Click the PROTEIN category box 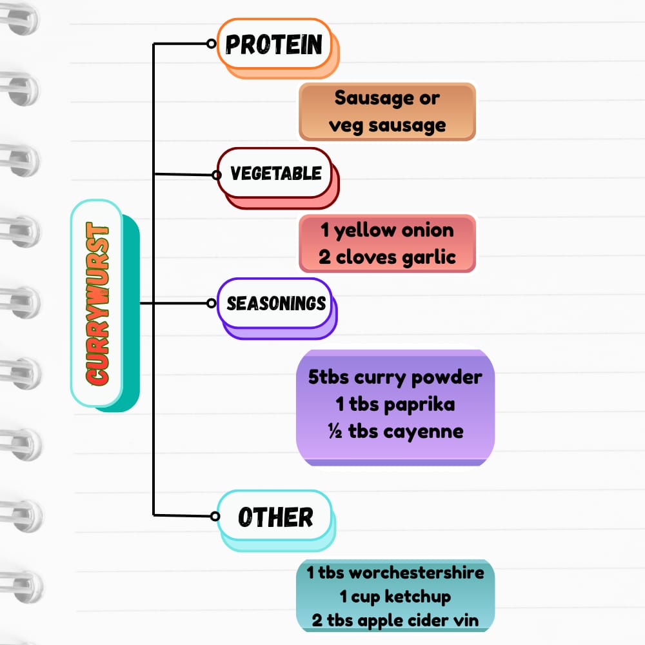coord(274,45)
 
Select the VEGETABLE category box coord(275,173)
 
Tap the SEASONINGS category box coord(276,303)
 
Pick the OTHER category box coord(275,516)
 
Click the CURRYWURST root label coord(97,304)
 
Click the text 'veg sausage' coord(387,124)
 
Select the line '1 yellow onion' coord(387,230)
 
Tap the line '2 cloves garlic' coord(387,257)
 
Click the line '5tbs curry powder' coord(395,377)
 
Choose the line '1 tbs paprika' coord(395,404)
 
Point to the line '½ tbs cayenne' coord(395,431)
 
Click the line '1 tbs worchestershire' coord(395,572)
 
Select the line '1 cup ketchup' coord(395,597)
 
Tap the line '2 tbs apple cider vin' coord(395,621)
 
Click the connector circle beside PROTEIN coord(211,44)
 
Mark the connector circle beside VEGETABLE coord(215,174)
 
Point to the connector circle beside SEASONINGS coord(212,303)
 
